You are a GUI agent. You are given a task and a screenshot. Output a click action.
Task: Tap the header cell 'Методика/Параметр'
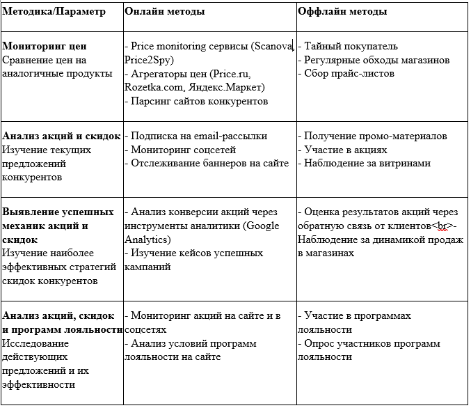(54, 12)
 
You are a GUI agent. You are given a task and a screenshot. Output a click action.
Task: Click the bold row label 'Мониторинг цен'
(44, 46)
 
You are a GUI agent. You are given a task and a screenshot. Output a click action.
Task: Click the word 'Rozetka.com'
(153, 88)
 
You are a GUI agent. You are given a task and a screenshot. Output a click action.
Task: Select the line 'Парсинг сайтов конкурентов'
(198, 102)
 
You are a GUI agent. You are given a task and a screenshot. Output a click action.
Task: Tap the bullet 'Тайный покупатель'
(350, 46)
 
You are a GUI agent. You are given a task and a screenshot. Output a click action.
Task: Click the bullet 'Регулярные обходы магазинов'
(376, 60)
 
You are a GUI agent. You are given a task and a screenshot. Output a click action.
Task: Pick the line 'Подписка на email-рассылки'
(198, 136)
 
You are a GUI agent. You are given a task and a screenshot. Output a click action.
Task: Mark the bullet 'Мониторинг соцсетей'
(182, 150)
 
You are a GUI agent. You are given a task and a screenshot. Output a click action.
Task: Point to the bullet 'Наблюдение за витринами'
(367, 164)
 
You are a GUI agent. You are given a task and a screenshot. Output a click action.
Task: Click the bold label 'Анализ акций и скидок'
(61, 136)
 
